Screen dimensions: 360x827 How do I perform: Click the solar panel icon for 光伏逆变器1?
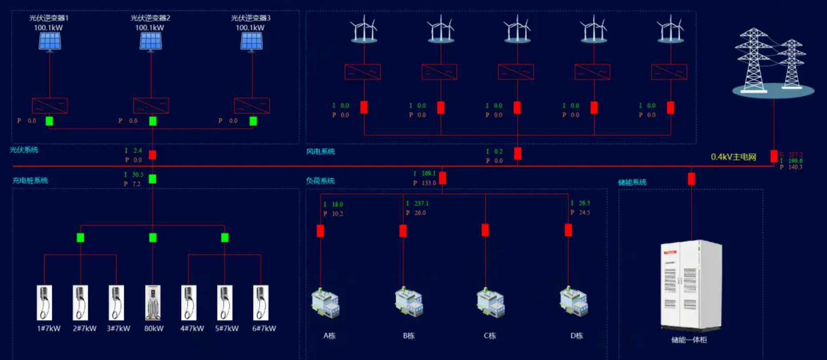(x=50, y=41)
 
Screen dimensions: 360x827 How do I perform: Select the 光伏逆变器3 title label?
(x=251, y=18)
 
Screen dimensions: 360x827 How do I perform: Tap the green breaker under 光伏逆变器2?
(x=153, y=121)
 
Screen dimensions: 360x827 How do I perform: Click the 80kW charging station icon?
(x=153, y=303)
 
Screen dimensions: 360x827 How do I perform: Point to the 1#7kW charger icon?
(x=44, y=303)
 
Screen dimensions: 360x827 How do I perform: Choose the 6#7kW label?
(x=264, y=328)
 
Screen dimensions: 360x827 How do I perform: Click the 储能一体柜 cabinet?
(x=691, y=285)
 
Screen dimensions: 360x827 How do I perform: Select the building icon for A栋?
(x=326, y=303)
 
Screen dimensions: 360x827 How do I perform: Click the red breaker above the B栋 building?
(x=403, y=231)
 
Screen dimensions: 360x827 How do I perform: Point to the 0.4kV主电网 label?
(x=733, y=157)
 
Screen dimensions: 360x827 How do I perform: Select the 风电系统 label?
(x=320, y=152)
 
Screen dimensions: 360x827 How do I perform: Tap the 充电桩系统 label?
(x=30, y=180)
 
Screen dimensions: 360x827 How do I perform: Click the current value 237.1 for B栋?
(x=421, y=204)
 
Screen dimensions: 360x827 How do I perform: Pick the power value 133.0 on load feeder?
(x=428, y=183)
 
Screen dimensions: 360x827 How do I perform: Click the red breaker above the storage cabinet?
(x=691, y=179)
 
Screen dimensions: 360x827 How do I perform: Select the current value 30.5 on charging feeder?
(x=138, y=175)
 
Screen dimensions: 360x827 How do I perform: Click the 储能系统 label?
(x=632, y=182)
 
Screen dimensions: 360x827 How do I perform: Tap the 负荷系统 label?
(x=320, y=181)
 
